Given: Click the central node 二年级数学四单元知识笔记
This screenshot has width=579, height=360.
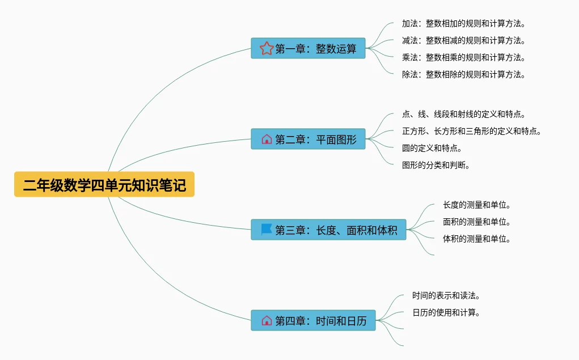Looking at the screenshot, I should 104,185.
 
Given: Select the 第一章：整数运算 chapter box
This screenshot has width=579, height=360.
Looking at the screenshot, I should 308,49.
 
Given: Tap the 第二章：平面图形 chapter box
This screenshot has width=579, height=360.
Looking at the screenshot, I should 308,139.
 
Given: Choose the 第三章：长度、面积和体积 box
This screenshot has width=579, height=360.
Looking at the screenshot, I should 328,230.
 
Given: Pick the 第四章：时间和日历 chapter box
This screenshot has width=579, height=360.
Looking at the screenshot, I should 313,321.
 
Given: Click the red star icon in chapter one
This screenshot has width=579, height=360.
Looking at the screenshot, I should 267,49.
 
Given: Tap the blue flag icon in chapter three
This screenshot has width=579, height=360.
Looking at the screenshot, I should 267,230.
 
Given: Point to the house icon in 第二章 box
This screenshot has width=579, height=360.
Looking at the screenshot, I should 267,139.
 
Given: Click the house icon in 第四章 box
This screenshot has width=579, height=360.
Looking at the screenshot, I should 267,321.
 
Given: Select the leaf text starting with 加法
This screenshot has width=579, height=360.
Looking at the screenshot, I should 463,24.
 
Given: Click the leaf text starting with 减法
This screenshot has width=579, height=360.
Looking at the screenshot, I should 463,41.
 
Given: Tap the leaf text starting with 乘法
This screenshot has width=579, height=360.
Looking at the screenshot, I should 463,58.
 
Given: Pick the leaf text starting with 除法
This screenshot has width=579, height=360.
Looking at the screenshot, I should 463,75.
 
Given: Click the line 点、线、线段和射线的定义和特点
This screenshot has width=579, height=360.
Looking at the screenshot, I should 463,115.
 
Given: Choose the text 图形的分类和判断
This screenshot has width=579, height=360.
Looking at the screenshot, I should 436,166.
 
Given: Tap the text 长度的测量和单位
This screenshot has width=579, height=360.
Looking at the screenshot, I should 476,205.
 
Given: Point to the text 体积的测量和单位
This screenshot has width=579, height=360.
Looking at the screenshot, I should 476,239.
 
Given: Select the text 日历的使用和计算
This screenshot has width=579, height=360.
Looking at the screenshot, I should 446,313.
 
